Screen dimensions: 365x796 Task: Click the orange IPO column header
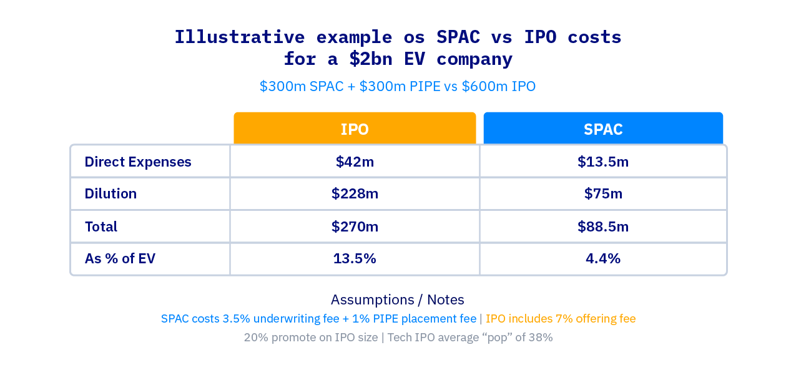(355, 129)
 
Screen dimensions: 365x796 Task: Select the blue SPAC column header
(603, 129)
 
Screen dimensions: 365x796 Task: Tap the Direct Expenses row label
(138, 162)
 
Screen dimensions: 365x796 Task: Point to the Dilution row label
(111, 194)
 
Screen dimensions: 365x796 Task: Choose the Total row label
(101, 226)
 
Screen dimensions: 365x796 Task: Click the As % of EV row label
(120, 258)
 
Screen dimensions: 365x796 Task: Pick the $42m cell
(355, 162)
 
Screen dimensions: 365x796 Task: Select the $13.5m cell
(603, 162)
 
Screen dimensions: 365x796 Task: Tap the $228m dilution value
(355, 194)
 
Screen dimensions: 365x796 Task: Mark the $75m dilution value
(603, 194)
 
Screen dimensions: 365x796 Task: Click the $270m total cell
(355, 226)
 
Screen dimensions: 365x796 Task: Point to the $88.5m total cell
(603, 226)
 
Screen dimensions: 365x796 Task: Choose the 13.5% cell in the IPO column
(355, 258)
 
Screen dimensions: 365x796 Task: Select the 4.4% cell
(603, 258)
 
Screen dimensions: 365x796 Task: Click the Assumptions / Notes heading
(398, 299)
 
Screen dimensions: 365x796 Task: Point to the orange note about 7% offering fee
(561, 319)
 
